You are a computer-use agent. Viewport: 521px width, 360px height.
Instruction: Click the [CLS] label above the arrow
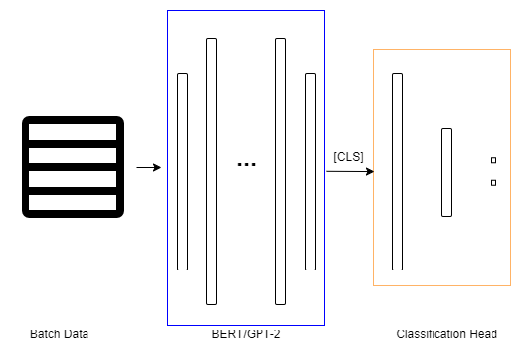[348, 157]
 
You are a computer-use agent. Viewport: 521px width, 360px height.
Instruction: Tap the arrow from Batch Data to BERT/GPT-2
[148, 167]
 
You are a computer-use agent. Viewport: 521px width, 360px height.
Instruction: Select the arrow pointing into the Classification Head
[350, 171]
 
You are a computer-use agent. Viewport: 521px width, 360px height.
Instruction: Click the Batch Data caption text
[60, 334]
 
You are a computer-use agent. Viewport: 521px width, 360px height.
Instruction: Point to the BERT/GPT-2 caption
[246, 334]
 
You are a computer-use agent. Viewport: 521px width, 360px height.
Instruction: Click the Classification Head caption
[447, 334]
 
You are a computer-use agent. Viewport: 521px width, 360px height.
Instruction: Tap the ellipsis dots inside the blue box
[246, 164]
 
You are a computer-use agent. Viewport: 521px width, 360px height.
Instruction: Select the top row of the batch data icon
[73, 132]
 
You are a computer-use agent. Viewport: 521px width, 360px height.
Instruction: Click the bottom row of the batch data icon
[73, 203]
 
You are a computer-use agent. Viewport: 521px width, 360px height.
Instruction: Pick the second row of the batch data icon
[73, 155]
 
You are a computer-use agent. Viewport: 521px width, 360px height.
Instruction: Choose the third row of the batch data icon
[73, 179]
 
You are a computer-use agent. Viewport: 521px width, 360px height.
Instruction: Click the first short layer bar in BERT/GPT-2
[183, 171]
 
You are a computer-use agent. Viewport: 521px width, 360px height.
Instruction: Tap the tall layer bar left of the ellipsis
[212, 171]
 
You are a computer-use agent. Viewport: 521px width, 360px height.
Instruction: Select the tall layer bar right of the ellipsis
[281, 171]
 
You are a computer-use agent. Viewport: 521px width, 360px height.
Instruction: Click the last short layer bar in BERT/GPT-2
[311, 171]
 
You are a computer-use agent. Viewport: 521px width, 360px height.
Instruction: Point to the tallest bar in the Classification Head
[398, 171]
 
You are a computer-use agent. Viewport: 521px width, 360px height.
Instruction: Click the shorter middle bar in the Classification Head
[447, 172]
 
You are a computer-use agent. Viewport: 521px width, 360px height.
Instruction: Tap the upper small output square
[493, 160]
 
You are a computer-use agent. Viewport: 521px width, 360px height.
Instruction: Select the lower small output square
[493, 183]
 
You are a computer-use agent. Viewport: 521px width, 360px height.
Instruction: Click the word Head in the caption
[484, 334]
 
